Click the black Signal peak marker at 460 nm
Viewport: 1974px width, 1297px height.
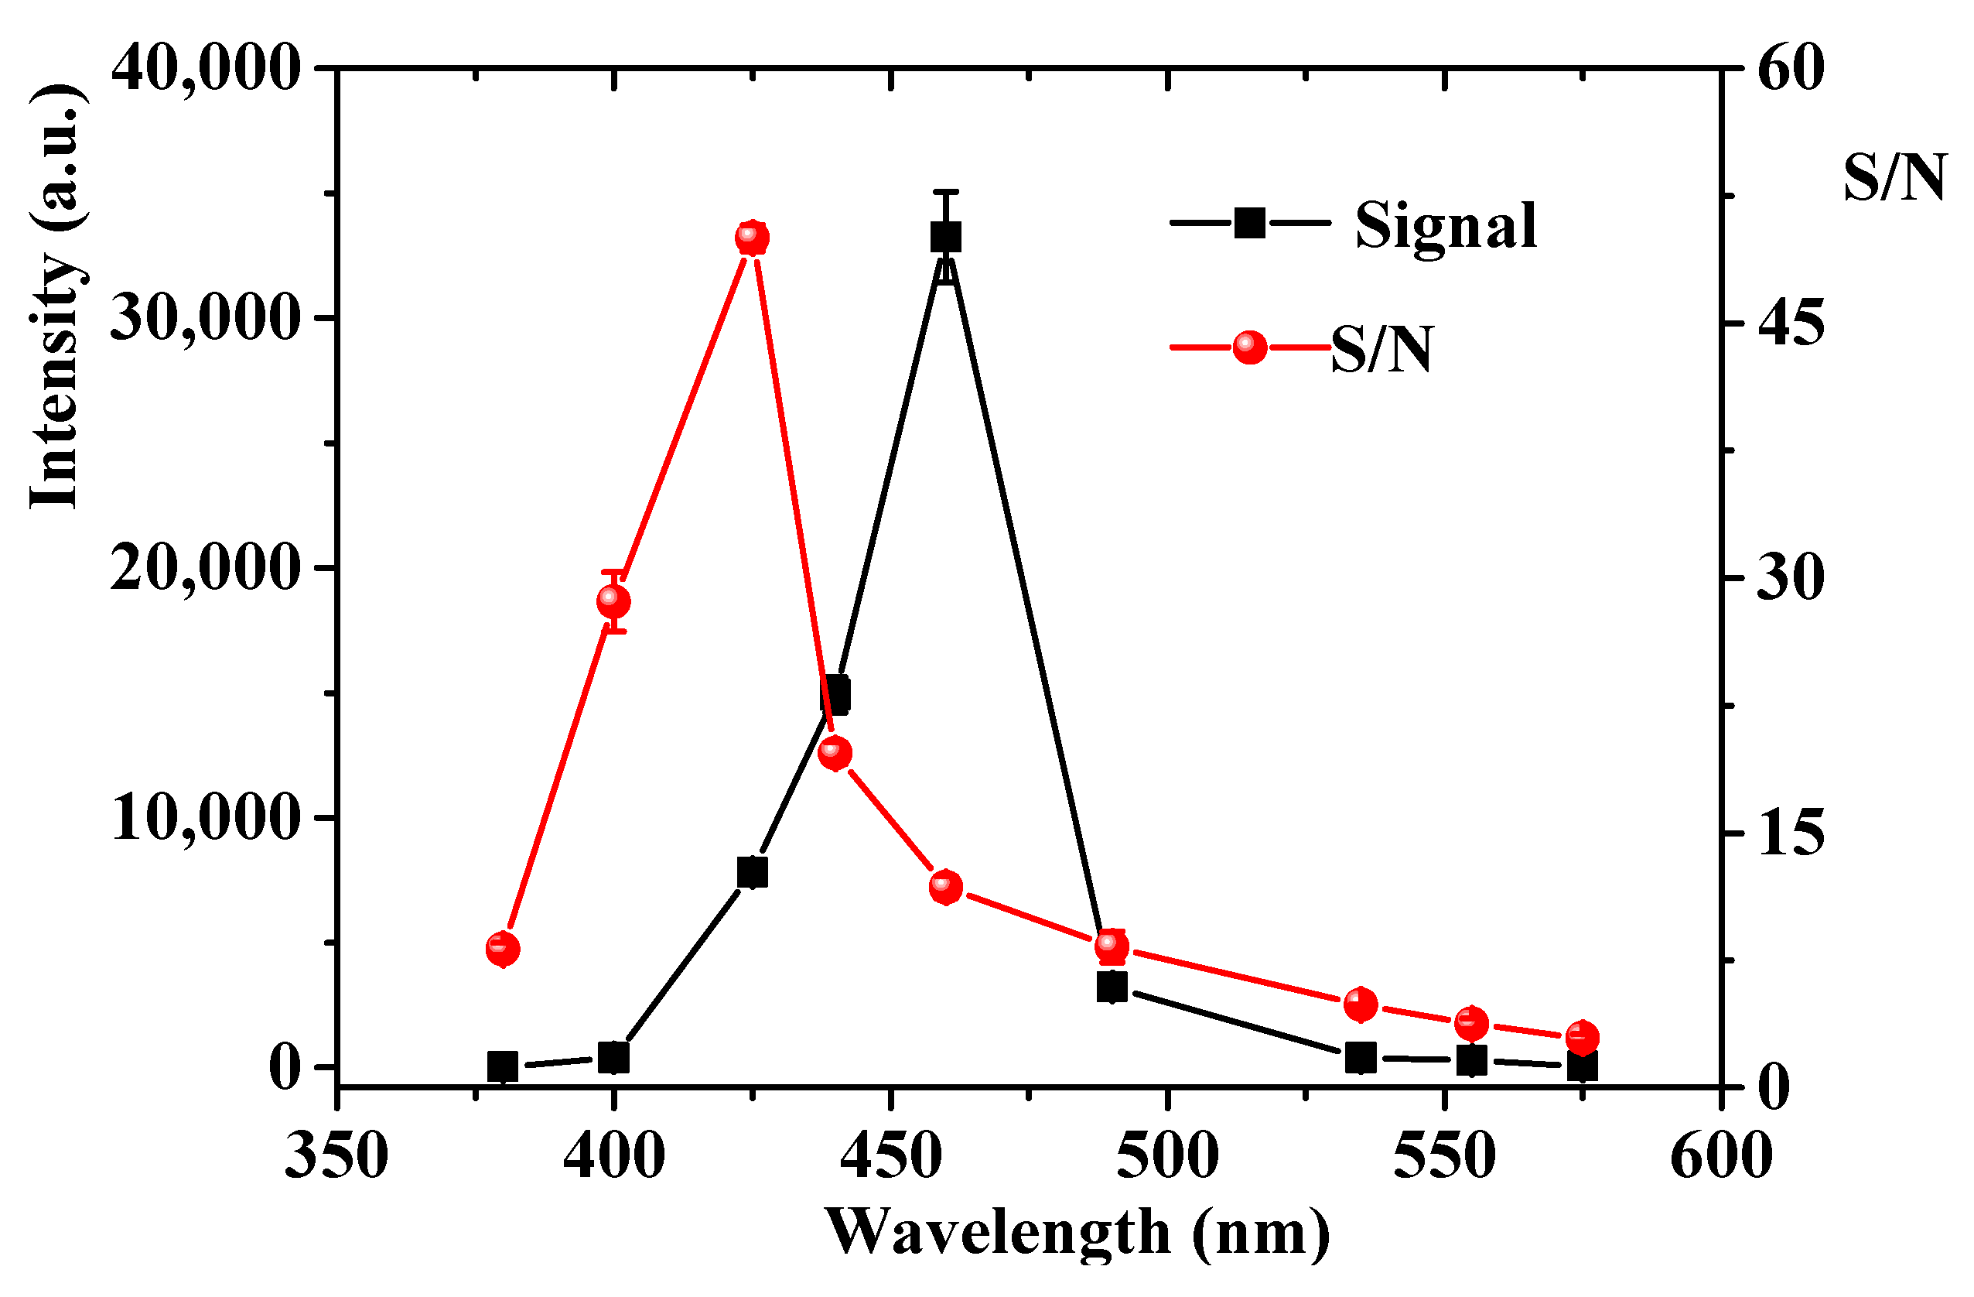[945, 238]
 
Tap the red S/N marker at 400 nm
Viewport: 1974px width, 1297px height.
[613, 601]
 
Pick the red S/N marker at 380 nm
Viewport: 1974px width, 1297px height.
[503, 949]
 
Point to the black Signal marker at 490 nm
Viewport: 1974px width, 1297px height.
[1112, 987]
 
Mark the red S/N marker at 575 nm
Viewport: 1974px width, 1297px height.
[1583, 1037]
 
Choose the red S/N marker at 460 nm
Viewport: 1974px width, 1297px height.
[945, 887]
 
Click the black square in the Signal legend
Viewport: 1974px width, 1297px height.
[1250, 222]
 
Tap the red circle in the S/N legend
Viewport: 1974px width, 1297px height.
[1250, 347]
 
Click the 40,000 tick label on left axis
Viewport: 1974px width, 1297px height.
[205, 68]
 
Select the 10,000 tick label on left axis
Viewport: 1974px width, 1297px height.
[205, 818]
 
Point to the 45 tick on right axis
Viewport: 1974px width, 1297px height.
[1791, 323]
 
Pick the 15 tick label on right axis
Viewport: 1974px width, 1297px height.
[1791, 834]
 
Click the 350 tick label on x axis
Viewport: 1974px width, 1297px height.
[336, 1156]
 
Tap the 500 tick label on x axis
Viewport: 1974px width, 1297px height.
[1167, 1156]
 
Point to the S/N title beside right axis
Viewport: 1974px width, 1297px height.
[1894, 179]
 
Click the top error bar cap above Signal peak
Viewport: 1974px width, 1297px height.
[945, 193]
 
